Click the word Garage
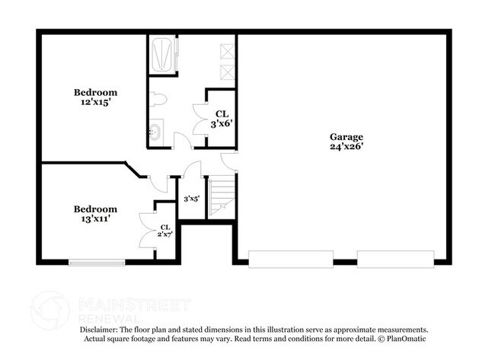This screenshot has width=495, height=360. coord(346,136)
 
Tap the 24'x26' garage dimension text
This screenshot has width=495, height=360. coord(346,148)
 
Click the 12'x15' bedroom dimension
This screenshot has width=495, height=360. coord(96,100)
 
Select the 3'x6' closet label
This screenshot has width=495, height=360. coord(221,122)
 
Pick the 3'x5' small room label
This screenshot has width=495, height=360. coord(191,199)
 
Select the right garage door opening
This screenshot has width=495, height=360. coord(388,260)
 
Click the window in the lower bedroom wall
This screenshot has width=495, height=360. coord(97,262)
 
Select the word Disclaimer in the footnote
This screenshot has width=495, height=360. coord(101,328)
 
